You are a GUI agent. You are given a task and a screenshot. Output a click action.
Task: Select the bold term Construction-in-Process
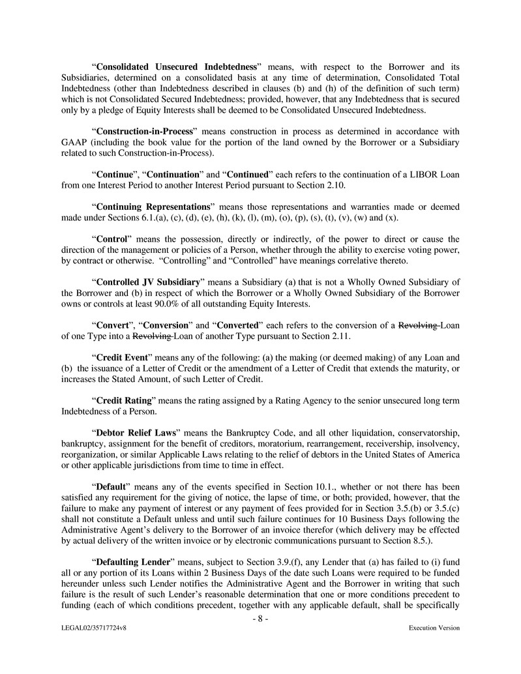[145, 132]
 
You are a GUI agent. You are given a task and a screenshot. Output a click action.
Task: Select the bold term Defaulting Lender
[133, 560]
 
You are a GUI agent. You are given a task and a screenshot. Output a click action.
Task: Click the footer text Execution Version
[434, 628]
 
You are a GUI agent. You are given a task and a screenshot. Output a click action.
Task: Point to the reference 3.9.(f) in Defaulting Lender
[261, 560]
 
